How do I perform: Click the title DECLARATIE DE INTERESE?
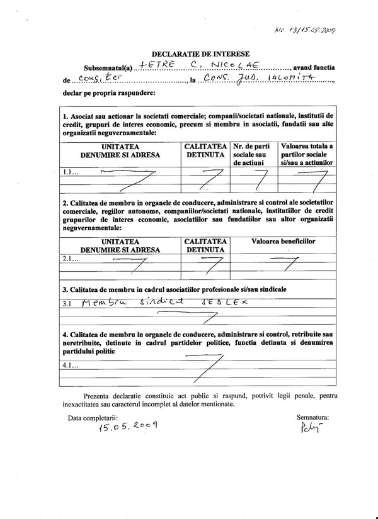200,55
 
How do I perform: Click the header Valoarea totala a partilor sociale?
306,153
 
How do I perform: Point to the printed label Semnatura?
312,416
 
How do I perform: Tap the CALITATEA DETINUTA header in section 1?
204,150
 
